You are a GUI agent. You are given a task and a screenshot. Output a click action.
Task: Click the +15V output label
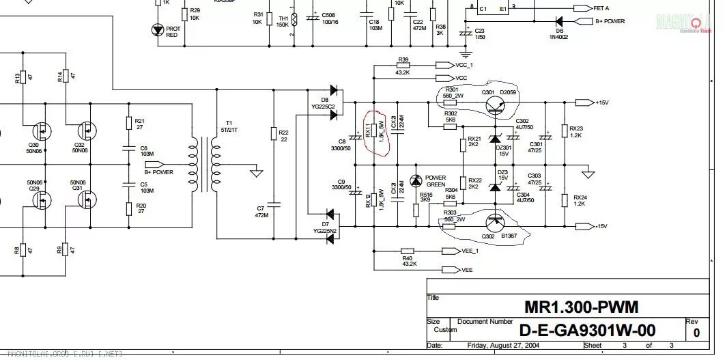[x=601, y=102]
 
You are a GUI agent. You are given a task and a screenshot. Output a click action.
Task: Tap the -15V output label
[x=600, y=225]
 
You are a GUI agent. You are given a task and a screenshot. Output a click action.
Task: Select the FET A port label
[x=601, y=9]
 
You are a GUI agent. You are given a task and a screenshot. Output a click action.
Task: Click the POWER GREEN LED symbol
[x=416, y=182]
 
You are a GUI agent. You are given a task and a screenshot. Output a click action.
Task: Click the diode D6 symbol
[x=558, y=21]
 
